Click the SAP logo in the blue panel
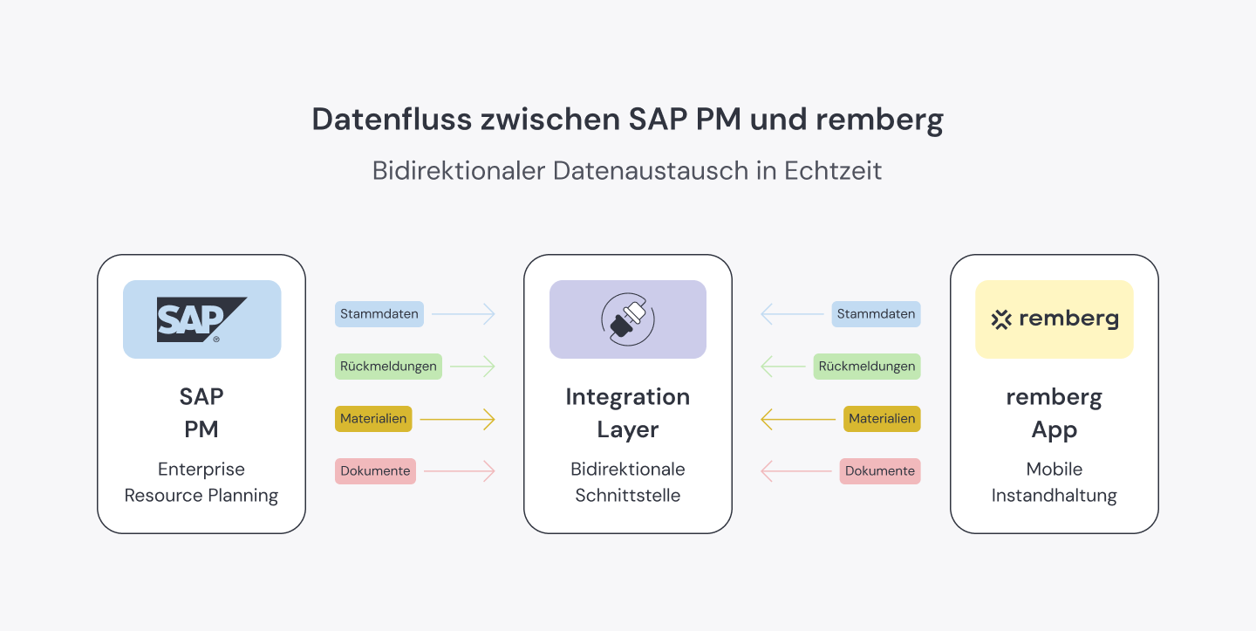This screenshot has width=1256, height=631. click(201, 319)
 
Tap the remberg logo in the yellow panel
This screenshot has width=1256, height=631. click(1055, 319)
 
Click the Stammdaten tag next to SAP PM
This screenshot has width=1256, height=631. click(379, 314)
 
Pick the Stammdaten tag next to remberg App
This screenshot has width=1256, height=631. click(876, 314)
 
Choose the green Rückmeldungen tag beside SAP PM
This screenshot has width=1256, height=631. click(388, 367)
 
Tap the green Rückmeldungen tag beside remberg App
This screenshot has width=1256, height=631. click(867, 367)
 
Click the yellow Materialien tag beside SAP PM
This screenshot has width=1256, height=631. click(373, 419)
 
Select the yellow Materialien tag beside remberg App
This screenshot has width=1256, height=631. click(882, 419)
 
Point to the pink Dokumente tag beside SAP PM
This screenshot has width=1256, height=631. click(375, 471)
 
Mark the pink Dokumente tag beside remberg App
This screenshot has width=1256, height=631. click(880, 471)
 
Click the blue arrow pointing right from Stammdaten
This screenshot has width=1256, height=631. click(463, 314)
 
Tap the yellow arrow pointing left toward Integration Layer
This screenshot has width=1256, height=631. click(797, 419)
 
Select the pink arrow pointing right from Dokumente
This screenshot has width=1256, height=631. click(459, 471)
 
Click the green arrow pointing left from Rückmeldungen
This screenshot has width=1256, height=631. click(782, 367)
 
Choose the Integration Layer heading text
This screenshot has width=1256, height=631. click(628, 413)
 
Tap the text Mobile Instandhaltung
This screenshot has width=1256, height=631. click(1055, 482)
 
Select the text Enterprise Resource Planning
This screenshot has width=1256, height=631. click(201, 482)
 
